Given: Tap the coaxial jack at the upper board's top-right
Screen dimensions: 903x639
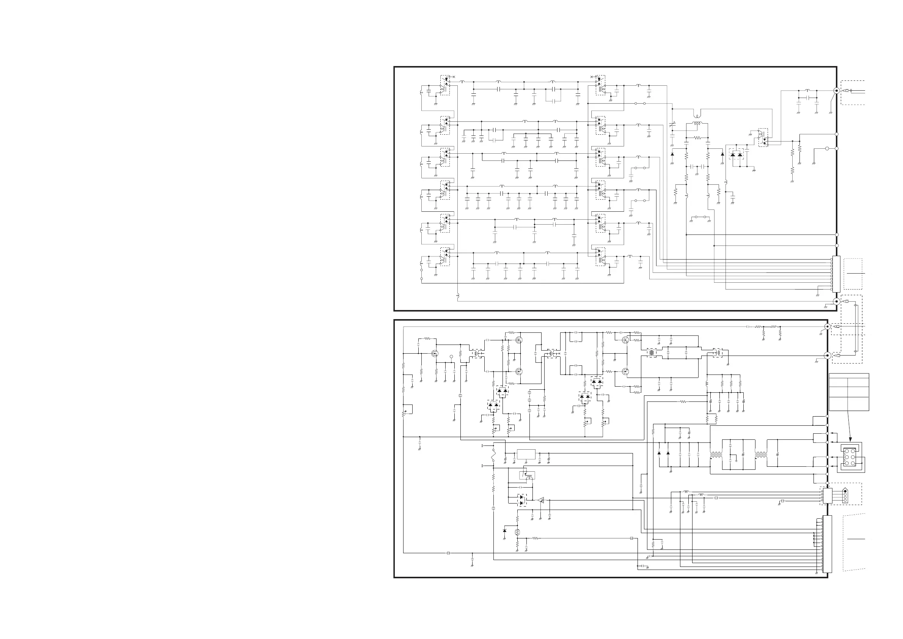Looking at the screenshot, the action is (837, 90).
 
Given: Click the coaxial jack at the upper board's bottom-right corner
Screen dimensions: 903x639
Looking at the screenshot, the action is (837, 302).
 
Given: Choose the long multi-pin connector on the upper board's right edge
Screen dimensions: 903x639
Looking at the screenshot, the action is (836, 274).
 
